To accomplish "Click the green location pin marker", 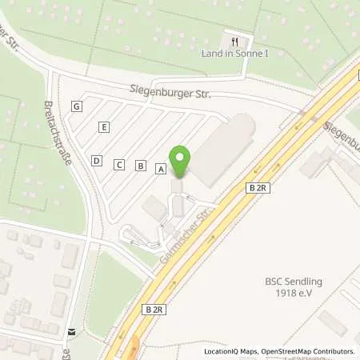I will pyautogui.click(x=181, y=162).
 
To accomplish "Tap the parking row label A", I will pyautogui.click(x=161, y=170).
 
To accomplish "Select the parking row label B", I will pyautogui.click(x=141, y=166).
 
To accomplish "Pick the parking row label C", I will pyautogui.click(x=119, y=165).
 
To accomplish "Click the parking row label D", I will pyautogui.click(x=97, y=160).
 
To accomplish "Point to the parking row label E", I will pyautogui.click(x=104, y=126).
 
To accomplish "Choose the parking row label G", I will pyautogui.click(x=77, y=106).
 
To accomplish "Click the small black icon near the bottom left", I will pyautogui.click(x=71, y=332).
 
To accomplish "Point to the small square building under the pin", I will pyautogui.click(x=176, y=186).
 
